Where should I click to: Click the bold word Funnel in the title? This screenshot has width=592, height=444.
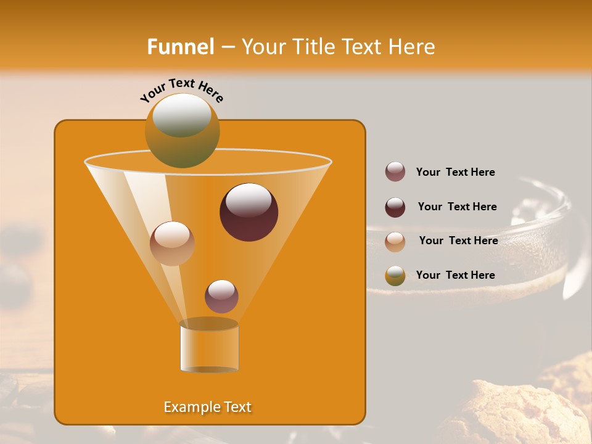(x=181, y=47)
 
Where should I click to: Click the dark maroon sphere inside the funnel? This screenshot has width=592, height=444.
(x=249, y=212)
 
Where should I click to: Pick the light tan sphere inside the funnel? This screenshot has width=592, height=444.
(x=172, y=244)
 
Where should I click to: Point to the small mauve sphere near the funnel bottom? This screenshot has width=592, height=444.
(x=221, y=296)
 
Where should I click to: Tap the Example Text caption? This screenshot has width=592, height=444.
(x=208, y=407)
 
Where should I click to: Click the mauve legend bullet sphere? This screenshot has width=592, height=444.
(x=395, y=172)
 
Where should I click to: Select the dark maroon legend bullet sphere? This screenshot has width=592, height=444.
(x=395, y=207)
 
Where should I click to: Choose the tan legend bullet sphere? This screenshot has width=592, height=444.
(x=395, y=241)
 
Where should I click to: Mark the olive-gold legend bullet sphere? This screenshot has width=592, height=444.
(x=395, y=276)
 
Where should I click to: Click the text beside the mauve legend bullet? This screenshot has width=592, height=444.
(x=456, y=172)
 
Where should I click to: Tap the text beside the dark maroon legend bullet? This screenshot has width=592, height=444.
(x=457, y=207)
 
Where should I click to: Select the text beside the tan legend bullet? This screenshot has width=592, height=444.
(x=458, y=240)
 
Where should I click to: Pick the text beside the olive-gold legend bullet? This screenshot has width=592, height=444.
(x=456, y=275)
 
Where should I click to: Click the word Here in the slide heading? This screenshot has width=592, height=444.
(x=413, y=47)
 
